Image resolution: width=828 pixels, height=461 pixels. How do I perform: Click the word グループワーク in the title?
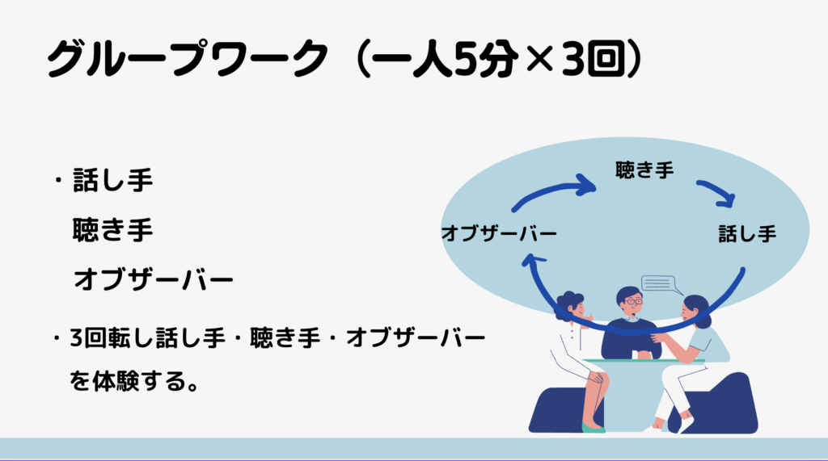click(188, 59)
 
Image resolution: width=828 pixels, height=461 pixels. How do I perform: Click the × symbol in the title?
click(539, 60)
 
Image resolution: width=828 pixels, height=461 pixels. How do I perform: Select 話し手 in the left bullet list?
click(113, 180)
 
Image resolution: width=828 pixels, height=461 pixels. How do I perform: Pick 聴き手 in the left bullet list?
click(113, 230)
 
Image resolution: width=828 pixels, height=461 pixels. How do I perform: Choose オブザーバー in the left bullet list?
click(153, 279)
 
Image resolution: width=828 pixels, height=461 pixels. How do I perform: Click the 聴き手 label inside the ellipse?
click(644, 170)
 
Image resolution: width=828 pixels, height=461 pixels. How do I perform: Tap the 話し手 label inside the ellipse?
click(747, 233)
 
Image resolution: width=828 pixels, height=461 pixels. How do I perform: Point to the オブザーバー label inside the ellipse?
click(499, 233)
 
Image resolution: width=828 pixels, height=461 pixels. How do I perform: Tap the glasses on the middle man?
click(633, 302)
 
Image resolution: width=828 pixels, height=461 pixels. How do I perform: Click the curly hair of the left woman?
click(568, 302)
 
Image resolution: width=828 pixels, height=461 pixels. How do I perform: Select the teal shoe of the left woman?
click(594, 428)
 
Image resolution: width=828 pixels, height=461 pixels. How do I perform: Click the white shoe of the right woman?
click(686, 425)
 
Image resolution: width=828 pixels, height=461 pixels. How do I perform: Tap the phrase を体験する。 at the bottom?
click(134, 381)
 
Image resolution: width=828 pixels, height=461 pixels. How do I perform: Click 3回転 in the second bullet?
click(99, 338)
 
